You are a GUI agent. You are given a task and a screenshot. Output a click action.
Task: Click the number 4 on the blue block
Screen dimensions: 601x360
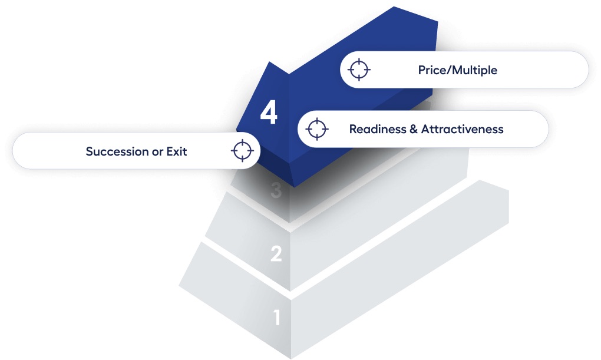(269, 113)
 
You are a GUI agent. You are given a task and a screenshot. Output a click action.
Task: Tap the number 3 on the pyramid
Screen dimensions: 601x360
(276, 190)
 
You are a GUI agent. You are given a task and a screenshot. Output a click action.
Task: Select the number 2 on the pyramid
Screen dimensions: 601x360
(276, 254)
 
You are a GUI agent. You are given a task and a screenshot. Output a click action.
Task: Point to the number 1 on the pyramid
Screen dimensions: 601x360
(277, 318)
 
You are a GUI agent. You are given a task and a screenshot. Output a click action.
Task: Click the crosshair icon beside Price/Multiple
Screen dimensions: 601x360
(359, 70)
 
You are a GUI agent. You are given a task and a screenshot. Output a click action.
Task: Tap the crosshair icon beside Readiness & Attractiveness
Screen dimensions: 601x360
(317, 129)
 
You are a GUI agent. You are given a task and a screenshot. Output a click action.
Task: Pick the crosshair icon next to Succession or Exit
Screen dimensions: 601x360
(242, 151)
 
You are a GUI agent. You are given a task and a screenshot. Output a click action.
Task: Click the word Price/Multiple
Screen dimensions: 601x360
(458, 70)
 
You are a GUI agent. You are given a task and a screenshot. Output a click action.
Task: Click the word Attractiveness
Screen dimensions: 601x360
(463, 129)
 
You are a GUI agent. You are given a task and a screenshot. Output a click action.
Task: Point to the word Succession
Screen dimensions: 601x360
(117, 151)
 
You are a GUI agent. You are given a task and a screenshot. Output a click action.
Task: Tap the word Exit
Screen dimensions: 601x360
(177, 151)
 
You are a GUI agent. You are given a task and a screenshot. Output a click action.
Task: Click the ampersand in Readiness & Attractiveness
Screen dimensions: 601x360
(414, 129)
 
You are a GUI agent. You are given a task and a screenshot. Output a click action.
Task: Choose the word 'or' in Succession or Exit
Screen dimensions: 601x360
(157, 152)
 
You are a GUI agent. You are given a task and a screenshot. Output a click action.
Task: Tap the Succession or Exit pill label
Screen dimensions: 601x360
(137, 151)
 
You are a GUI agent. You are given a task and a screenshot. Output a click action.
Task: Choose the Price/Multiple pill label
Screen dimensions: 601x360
(464, 70)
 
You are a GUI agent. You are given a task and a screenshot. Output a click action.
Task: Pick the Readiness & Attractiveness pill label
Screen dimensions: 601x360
(423, 129)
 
